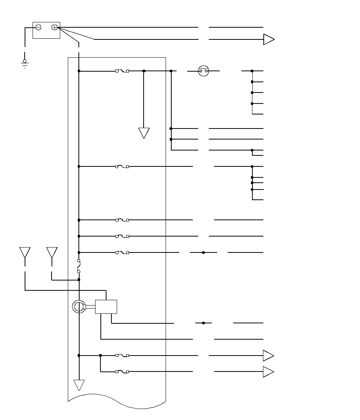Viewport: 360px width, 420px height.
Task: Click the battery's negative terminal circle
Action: click(x=38, y=27)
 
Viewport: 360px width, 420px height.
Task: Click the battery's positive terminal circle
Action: click(x=55, y=27)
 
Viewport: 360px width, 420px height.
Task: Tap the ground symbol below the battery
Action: click(x=25, y=63)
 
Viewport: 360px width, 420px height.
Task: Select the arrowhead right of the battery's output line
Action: click(x=269, y=39)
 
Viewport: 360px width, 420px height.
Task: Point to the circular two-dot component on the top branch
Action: click(x=203, y=71)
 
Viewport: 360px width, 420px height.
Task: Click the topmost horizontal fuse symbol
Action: click(x=122, y=71)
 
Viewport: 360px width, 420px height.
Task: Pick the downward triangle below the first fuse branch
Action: click(x=144, y=133)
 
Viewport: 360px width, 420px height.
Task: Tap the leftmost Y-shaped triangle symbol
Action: click(x=25, y=252)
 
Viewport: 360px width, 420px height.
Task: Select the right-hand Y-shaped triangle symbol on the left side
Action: click(x=52, y=252)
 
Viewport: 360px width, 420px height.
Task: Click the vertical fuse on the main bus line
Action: click(x=79, y=266)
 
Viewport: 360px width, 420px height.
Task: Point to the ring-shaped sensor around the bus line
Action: click(x=79, y=307)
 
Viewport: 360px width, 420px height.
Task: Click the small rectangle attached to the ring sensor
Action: click(x=106, y=307)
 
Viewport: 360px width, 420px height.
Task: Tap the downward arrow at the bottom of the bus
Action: click(x=79, y=385)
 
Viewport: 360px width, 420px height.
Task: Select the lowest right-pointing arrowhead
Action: click(x=268, y=372)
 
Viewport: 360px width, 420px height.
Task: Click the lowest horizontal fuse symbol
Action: click(x=122, y=372)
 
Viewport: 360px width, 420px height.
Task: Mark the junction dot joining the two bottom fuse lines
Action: click(x=100, y=356)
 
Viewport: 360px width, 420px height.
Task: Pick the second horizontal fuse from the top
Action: click(x=122, y=166)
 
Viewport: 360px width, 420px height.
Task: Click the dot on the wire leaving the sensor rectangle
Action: click(x=203, y=323)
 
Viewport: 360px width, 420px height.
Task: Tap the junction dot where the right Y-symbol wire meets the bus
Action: click(x=79, y=280)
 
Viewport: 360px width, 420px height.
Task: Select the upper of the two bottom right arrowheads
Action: click(x=268, y=356)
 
